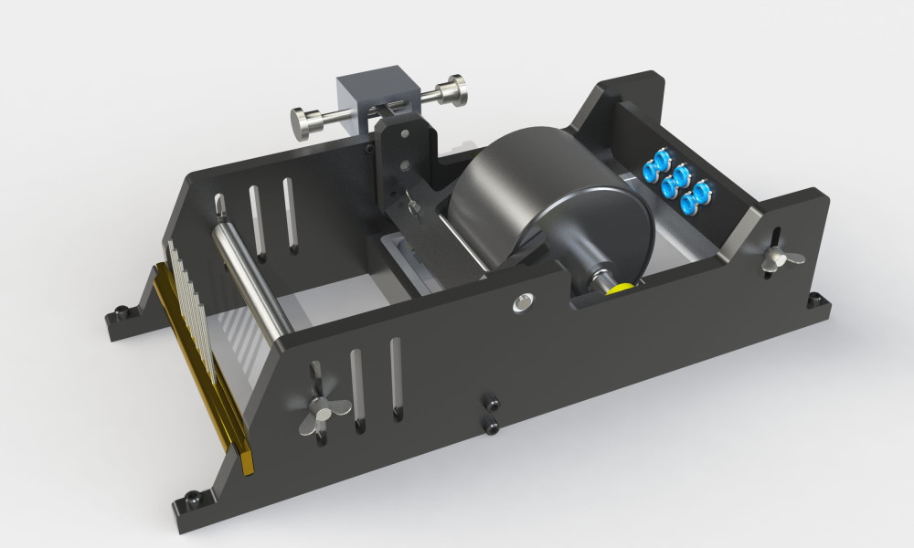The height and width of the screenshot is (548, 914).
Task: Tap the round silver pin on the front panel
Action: (523, 302)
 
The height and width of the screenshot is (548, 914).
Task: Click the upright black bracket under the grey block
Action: (400, 151)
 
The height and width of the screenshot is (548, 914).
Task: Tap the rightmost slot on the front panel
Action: (396, 379)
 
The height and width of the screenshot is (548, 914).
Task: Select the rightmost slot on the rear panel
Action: (291, 216)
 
